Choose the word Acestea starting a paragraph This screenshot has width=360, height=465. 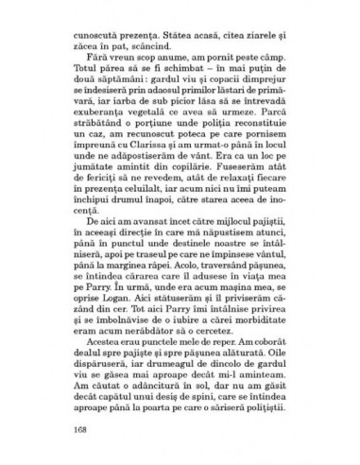coord(101,347)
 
